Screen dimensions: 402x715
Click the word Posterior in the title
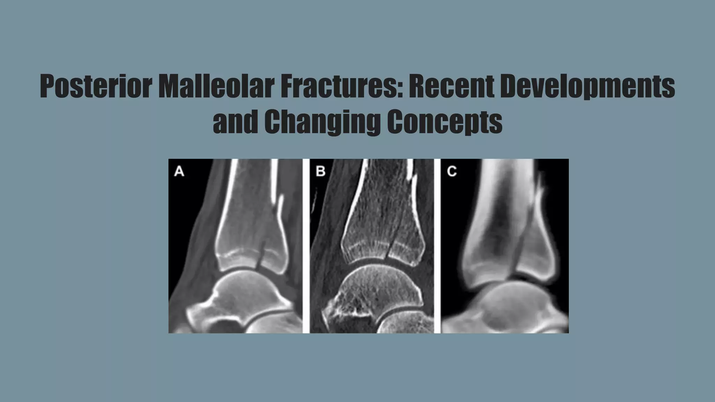tap(96, 86)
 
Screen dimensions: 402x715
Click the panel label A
tap(179, 171)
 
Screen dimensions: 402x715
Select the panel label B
tap(320, 171)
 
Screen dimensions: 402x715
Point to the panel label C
tap(452, 171)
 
